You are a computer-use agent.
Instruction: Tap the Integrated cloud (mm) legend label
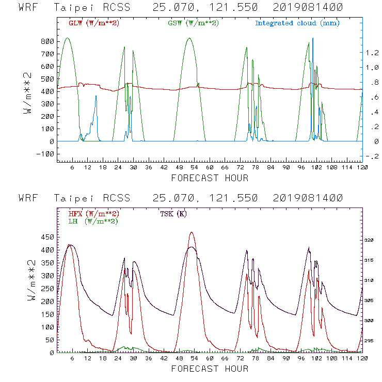click(297, 23)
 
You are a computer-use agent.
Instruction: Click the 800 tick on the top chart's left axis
click(47, 41)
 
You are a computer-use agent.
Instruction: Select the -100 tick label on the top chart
click(45, 154)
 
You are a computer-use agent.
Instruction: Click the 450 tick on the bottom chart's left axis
click(47, 237)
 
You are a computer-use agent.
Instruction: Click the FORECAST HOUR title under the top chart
click(210, 178)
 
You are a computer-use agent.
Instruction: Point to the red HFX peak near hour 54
click(192, 232)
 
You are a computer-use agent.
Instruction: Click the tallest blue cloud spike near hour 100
click(313, 38)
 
